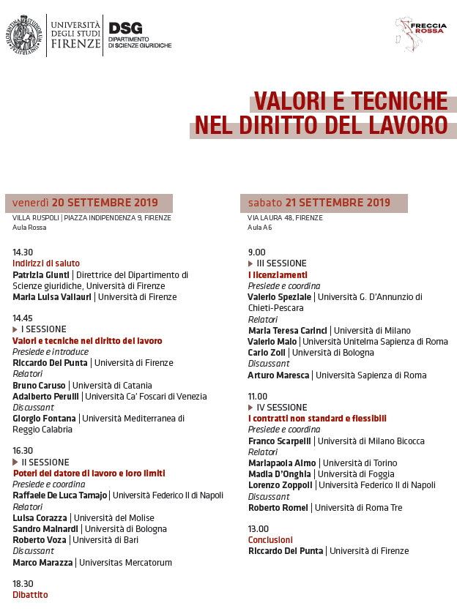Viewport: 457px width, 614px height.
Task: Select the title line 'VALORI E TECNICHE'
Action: (351, 101)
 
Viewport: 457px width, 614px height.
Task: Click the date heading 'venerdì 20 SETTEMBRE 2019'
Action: (85, 203)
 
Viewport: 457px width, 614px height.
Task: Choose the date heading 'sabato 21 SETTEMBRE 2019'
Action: (319, 203)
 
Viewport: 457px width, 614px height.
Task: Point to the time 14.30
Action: (23, 252)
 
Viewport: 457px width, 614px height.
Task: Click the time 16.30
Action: (23, 451)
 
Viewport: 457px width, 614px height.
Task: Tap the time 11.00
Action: (258, 396)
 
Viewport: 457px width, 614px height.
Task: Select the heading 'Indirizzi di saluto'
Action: (46, 263)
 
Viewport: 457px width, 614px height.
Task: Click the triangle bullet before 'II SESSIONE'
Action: (15, 463)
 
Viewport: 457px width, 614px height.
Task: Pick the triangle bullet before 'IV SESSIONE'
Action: (251, 408)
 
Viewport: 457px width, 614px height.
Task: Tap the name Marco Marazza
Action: (42, 563)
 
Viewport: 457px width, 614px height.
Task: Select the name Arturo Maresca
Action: (279, 375)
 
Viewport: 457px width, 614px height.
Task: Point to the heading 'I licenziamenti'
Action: (278, 274)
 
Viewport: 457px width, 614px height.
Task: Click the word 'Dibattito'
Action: (30, 595)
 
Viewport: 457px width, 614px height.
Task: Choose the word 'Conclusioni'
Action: (270, 539)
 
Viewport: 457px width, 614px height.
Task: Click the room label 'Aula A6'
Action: (260, 228)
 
